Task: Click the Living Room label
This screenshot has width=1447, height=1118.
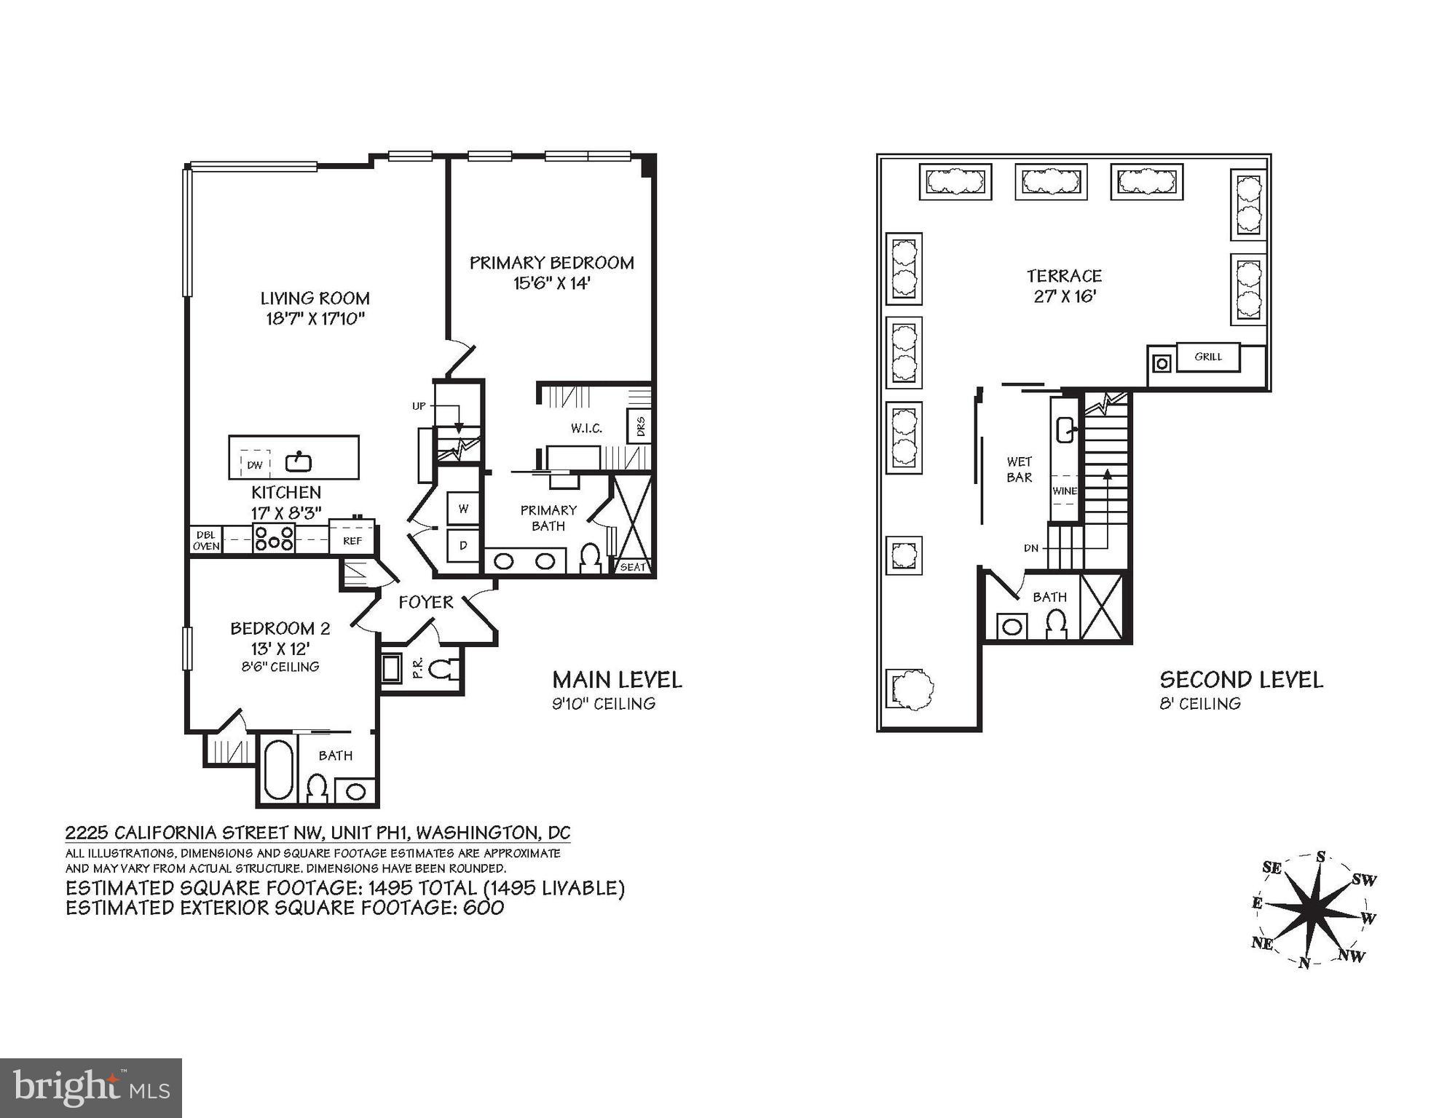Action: [x=315, y=298]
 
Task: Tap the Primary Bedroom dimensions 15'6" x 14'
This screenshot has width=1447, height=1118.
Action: [x=551, y=283]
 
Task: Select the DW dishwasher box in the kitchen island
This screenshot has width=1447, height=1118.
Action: [x=255, y=464]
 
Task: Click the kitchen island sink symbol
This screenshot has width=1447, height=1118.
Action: [x=299, y=461]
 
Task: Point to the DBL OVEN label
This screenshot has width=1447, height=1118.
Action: [x=206, y=541]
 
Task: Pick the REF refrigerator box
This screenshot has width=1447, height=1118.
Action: [x=352, y=540]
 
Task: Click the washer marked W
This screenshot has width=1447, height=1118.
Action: [x=463, y=509]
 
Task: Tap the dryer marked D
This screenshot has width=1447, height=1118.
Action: [x=463, y=545]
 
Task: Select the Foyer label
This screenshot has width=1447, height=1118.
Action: [x=426, y=603]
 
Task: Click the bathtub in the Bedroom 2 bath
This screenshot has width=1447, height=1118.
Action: [x=278, y=771]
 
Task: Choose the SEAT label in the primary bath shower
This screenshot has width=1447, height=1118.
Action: [x=632, y=567]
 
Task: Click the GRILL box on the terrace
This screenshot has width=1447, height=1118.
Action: [x=1208, y=357]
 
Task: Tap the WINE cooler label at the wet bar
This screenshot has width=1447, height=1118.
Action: [x=1064, y=491]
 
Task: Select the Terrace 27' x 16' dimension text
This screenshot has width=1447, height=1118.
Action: [x=1065, y=297]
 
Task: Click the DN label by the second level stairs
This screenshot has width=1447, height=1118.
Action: [x=1030, y=548]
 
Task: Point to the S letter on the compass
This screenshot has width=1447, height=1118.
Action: [x=1320, y=857]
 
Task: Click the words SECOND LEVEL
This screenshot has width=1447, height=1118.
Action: [x=1241, y=680]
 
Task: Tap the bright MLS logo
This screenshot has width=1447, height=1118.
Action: [x=91, y=1088]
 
